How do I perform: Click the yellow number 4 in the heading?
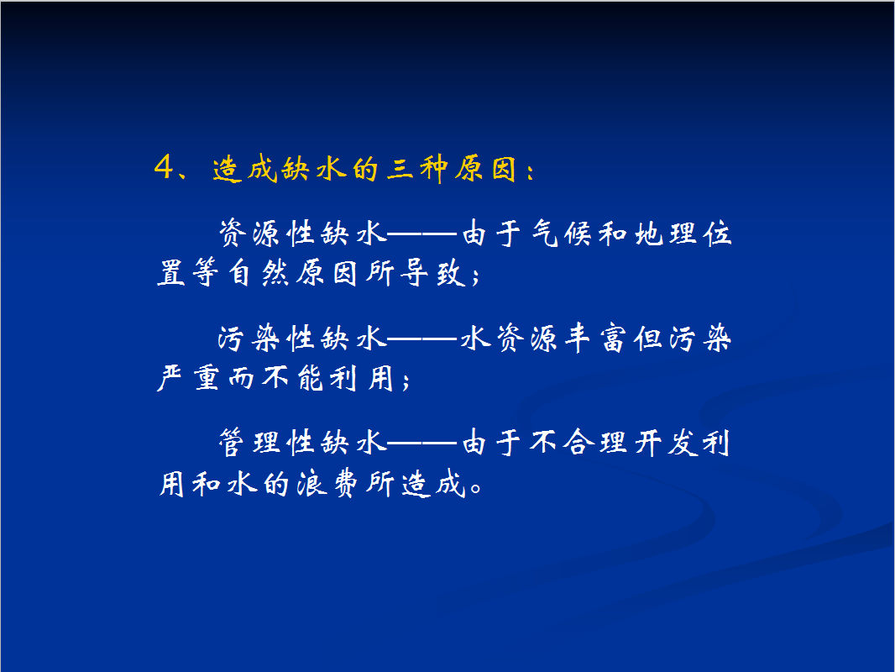(164, 168)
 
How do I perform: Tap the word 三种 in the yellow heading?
(417, 170)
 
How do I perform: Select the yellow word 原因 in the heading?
(486, 170)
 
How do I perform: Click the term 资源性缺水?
(303, 234)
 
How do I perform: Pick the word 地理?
(666, 234)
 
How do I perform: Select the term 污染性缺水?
(303, 338)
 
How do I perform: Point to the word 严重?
(188, 377)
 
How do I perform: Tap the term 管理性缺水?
(303, 443)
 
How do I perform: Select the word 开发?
(666, 443)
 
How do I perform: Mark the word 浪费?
(327, 484)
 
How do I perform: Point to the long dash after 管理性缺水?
(423, 443)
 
